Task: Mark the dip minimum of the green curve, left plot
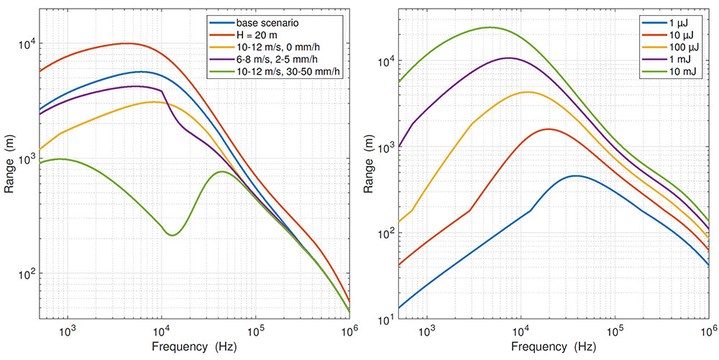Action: tap(172, 235)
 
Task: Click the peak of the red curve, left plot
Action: tap(127, 43)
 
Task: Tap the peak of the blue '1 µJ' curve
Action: tap(575, 175)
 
